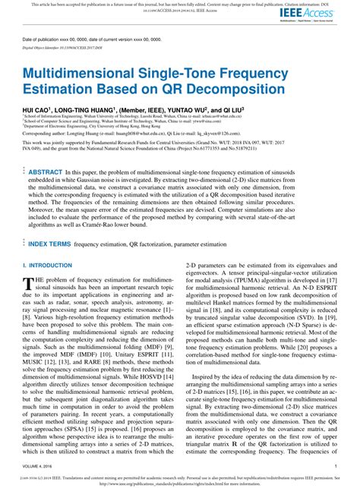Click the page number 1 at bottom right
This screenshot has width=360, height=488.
tap(335, 465)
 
